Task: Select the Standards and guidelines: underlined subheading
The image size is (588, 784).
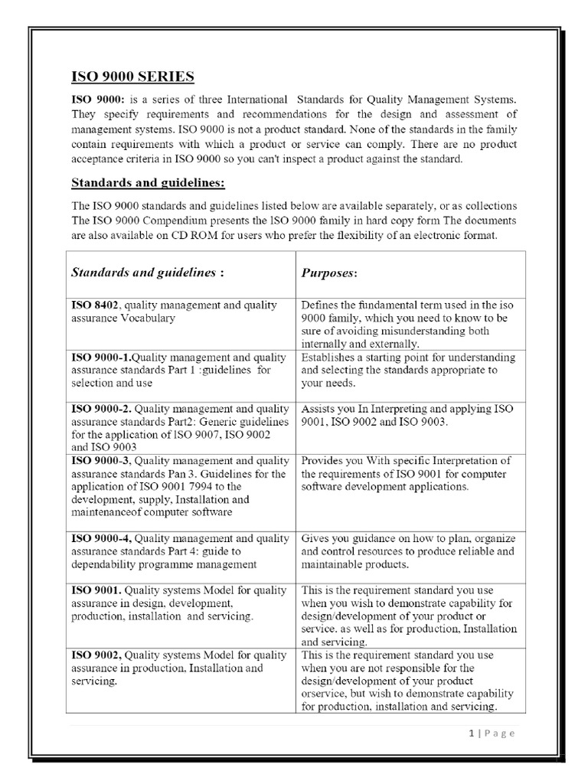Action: [x=149, y=183]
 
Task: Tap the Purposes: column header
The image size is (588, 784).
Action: [x=330, y=273]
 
